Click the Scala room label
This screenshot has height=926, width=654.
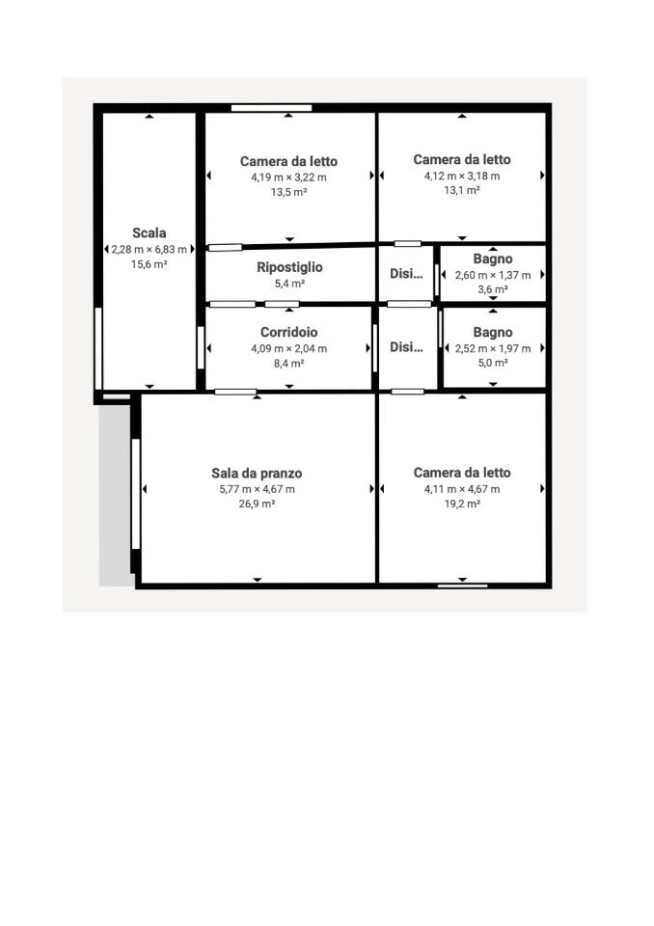click(150, 232)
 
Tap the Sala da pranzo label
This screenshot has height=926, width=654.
click(257, 473)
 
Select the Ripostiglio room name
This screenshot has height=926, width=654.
click(289, 267)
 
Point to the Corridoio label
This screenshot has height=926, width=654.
click(289, 332)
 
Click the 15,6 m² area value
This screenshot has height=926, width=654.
click(150, 264)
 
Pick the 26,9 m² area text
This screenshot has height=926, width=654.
click(257, 504)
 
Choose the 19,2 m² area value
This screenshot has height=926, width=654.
click(462, 504)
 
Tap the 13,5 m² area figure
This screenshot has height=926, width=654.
click(288, 192)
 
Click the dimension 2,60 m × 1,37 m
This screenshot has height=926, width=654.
click(493, 275)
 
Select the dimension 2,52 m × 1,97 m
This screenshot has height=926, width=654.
click(493, 348)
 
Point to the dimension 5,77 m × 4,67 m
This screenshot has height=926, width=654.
click(257, 489)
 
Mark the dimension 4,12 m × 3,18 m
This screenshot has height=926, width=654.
click(462, 176)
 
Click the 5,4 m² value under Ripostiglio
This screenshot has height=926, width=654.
click(289, 284)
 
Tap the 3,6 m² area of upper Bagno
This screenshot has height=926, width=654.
click(493, 289)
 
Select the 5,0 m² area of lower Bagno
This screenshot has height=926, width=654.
click(493, 364)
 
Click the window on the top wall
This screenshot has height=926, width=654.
click(271, 108)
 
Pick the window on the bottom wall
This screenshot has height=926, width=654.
click(462, 585)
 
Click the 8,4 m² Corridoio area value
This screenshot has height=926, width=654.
click(289, 364)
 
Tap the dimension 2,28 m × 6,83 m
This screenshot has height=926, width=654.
click(150, 249)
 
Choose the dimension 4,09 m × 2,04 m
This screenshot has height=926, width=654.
click(289, 348)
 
